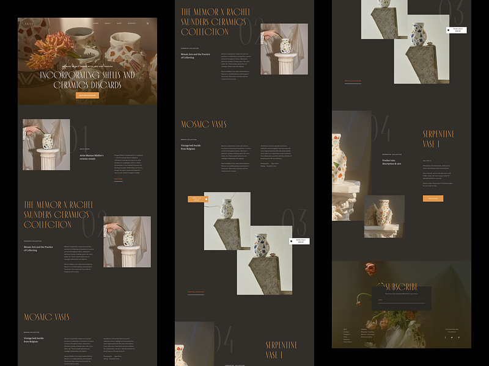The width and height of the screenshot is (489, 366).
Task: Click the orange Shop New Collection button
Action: [87, 95]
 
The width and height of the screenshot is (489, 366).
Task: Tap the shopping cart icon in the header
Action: [147, 23]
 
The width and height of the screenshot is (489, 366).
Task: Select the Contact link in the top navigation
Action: [131, 23]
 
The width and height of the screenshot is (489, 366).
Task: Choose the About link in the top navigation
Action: [108, 23]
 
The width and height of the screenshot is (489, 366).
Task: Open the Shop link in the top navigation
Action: [119, 23]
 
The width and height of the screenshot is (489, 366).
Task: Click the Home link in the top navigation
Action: [95, 23]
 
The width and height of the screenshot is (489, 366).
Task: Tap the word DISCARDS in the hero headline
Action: [105, 85]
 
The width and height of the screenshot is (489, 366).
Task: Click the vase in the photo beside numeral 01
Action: [48, 142]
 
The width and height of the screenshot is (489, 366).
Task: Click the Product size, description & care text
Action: [392, 162]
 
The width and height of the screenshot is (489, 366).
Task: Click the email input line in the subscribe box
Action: [402, 301]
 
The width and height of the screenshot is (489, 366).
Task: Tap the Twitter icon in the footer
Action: [452, 337]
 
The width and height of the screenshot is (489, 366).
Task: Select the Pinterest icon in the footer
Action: [458, 337]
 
